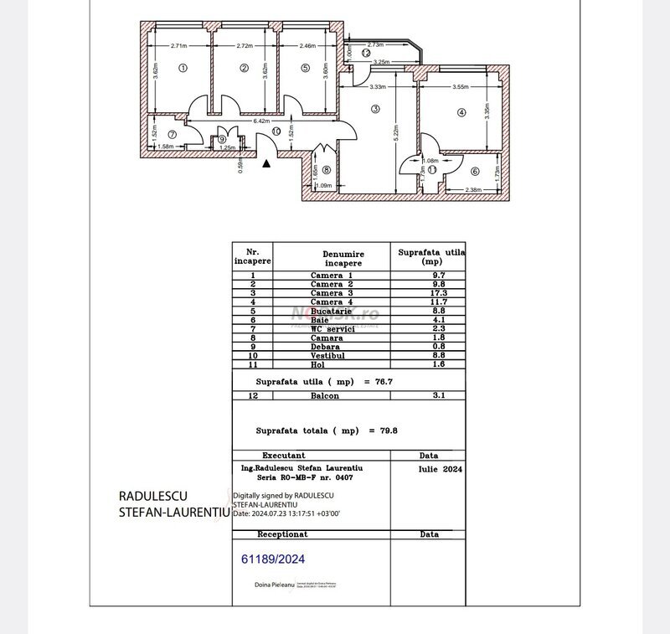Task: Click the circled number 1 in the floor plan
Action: tap(183, 69)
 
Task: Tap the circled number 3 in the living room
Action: tap(376, 109)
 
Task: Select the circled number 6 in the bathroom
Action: tap(474, 172)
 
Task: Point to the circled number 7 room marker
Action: tap(172, 133)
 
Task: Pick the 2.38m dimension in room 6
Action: tap(474, 189)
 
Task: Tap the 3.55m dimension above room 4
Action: tap(459, 87)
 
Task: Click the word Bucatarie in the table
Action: tap(332, 311)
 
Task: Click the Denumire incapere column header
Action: tap(332, 256)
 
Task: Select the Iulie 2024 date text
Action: tap(439, 471)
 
